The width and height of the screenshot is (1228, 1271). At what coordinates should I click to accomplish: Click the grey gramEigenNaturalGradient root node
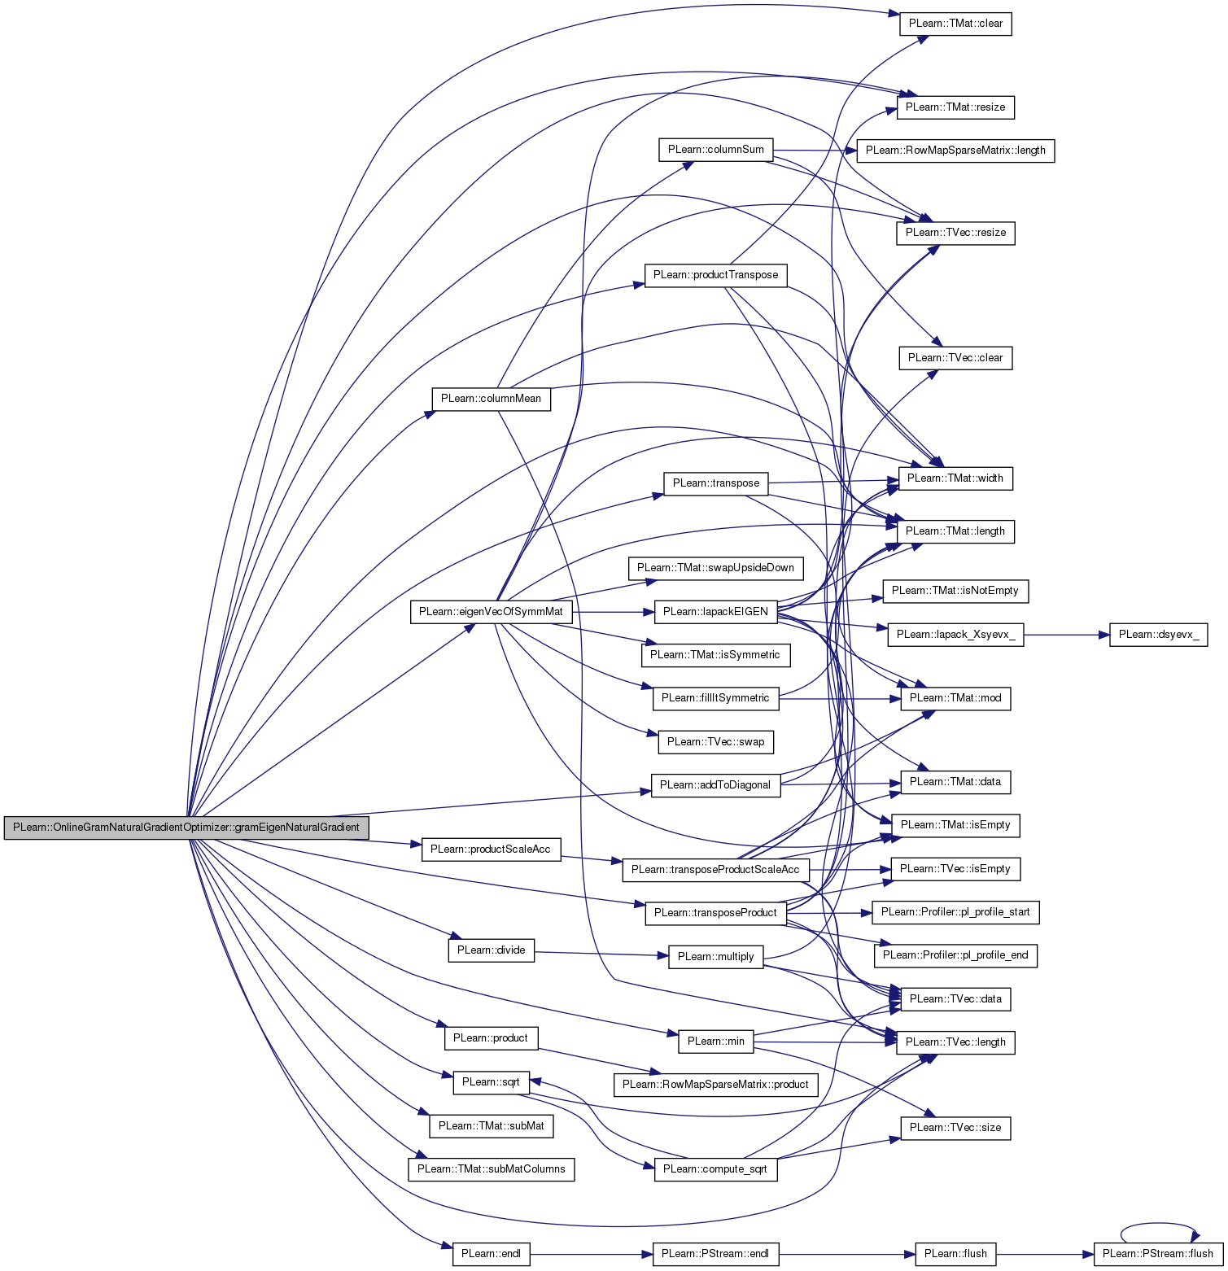pyautogui.click(x=186, y=828)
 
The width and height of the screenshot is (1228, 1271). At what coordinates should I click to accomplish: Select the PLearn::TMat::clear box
pyautogui.click(x=955, y=24)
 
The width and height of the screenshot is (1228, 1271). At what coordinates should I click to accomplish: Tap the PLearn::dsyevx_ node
pyautogui.click(x=1158, y=635)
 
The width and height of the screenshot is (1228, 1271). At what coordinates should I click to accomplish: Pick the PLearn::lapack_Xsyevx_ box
pyautogui.click(x=955, y=635)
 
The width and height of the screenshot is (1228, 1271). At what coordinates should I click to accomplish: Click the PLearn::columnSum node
pyautogui.click(x=715, y=150)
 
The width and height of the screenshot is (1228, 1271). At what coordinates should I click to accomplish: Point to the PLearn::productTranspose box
pyautogui.click(x=715, y=275)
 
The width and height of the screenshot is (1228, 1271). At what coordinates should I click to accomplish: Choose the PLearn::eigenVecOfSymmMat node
pyautogui.click(x=491, y=612)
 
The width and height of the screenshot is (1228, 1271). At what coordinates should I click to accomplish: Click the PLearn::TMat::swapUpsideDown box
pyautogui.click(x=715, y=568)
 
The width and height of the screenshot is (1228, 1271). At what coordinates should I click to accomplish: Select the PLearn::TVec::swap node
pyautogui.click(x=715, y=742)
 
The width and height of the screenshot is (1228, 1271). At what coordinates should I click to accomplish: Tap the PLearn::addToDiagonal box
pyautogui.click(x=715, y=785)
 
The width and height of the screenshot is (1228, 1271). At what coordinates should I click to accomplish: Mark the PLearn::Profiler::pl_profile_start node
pyautogui.click(x=955, y=912)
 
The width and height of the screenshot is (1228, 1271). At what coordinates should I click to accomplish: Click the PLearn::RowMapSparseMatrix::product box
pyautogui.click(x=715, y=1085)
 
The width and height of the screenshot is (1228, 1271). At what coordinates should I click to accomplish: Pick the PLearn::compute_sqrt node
pyautogui.click(x=715, y=1169)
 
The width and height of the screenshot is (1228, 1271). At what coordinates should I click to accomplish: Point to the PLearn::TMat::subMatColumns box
pyautogui.click(x=491, y=1169)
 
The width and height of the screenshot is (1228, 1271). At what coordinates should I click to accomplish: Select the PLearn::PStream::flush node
pyautogui.click(x=1158, y=1254)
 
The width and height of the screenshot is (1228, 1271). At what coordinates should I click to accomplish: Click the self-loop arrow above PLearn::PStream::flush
pyautogui.click(x=1158, y=1224)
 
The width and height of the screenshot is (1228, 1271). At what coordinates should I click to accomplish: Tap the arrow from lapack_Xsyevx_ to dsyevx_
pyautogui.click(x=1066, y=635)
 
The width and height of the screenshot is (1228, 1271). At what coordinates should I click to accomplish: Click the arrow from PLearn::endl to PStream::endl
pyautogui.click(x=591, y=1254)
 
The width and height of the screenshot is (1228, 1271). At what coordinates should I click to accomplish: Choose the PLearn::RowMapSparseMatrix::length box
pyautogui.click(x=955, y=151)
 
